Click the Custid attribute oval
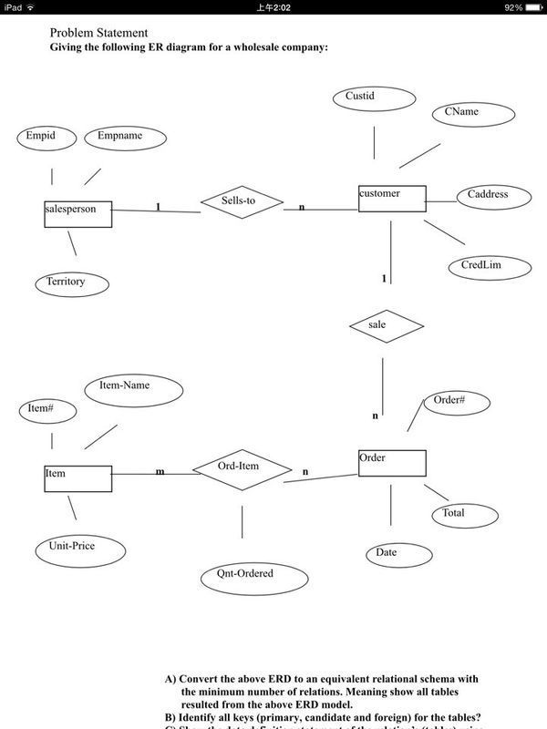pyautogui.click(x=375, y=98)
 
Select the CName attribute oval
pyautogui.click(x=462, y=114)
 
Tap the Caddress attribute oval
pyautogui.click(x=488, y=196)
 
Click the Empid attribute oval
pyautogui.click(x=41, y=138)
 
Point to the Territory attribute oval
pyautogui.click(x=67, y=283)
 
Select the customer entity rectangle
pyautogui.click(x=391, y=199)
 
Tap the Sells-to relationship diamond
pyautogui.click(x=243, y=202)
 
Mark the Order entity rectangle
pyautogui.click(x=391, y=463)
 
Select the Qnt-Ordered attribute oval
pyautogui.click(x=244, y=575)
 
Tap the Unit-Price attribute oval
pyautogui.click(x=66, y=548)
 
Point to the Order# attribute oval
pyautogui.click(x=449, y=402)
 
